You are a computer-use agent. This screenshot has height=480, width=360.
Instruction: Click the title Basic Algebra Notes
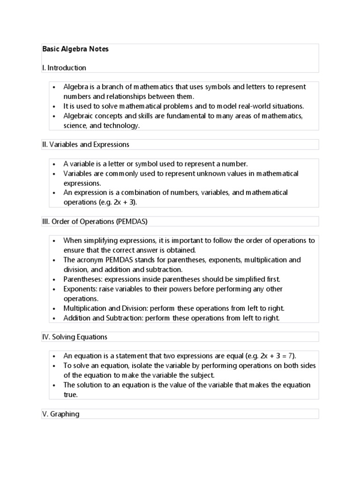pos(75,49)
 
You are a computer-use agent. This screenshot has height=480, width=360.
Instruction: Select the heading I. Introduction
pos(64,68)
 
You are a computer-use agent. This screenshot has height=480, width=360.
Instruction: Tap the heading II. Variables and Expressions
pos(86,144)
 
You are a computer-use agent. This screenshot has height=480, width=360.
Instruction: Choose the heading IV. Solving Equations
pos(75,337)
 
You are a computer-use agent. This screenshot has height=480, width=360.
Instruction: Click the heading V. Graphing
pos(61,414)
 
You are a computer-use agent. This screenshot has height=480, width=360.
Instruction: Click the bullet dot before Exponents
pos(54,289)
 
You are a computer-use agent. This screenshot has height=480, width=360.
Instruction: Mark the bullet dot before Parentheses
pos(54,279)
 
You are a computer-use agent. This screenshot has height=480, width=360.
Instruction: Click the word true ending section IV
pos(70,395)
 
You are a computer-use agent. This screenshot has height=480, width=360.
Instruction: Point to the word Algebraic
pos(79,115)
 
